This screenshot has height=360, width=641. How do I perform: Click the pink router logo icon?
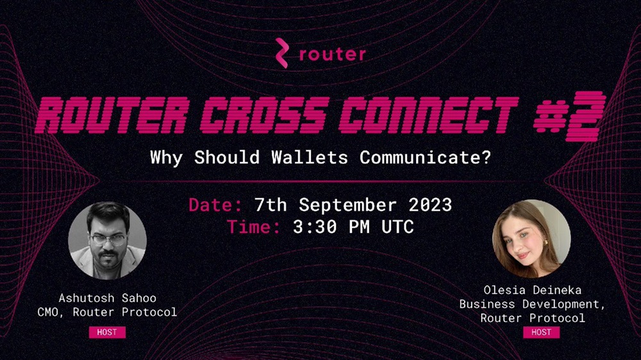click(x=282, y=53)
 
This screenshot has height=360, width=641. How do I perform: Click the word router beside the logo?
click(x=332, y=54)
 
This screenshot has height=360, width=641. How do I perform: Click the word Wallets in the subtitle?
click(x=310, y=158)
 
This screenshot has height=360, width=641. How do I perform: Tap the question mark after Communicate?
click(x=486, y=158)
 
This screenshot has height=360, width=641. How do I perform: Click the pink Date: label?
click(x=215, y=205)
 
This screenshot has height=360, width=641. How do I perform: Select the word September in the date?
click(x=347, y=206)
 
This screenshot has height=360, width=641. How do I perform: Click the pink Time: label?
click(x=254, y=227)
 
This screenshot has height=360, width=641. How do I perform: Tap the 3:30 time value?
click(x=315, y=227)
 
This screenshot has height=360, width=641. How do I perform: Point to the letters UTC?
click(x=397, y=227)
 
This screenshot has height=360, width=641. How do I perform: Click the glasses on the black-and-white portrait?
click(x=108, y=240)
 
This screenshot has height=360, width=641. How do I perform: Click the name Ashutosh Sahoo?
click(x=108, y=298)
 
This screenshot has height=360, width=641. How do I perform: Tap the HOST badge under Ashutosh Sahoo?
click(x=107, y=332)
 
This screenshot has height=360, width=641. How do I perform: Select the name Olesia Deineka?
click(x=532, y=290)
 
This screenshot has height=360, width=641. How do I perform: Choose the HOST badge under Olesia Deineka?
click(x=541, y=332)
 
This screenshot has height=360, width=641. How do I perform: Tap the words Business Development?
click(x=530, y=304)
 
